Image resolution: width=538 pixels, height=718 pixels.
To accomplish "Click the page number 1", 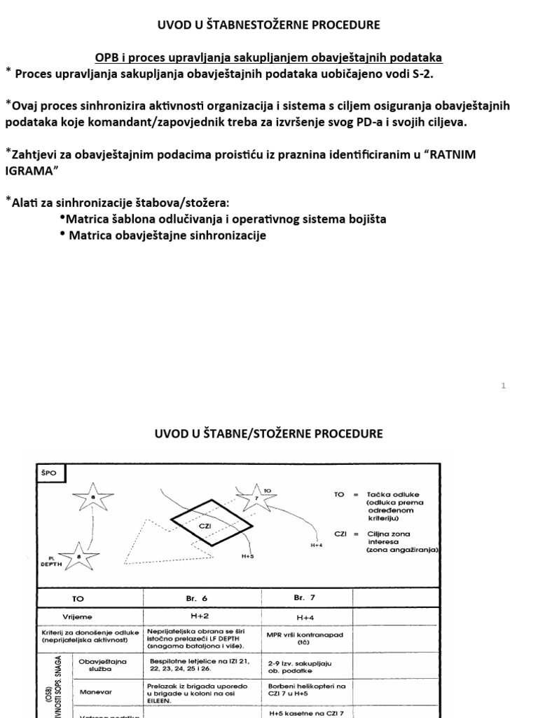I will pyautogui.click(x=504, y=386).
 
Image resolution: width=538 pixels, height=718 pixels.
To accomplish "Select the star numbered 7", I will pyautogui.click(x=256, y=498).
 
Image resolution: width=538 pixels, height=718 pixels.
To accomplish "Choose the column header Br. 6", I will pyautogui.click(x=201, y=598).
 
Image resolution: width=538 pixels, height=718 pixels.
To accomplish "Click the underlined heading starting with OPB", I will pyautogui.click(x=268, y=57).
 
